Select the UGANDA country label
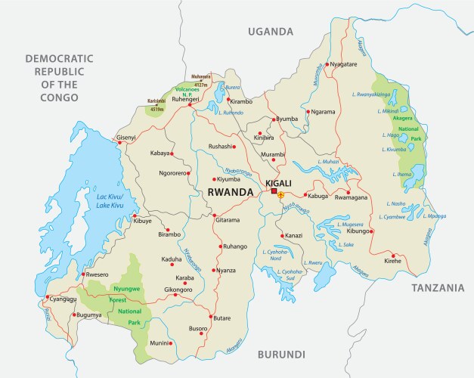(270, 32)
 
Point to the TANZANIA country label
(437, 288)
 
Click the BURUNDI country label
(281, 354)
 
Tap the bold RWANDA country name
(230, 193)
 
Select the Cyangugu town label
(64, 299)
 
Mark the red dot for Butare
(212, 318)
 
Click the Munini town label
(159, 344)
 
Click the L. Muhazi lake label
(329, 162)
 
